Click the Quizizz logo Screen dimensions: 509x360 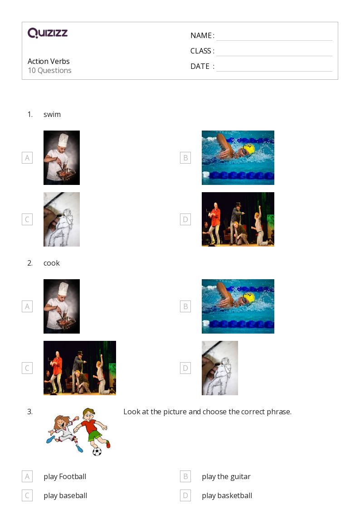(x=48, y=33)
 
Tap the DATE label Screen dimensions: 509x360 (x=200, y=66)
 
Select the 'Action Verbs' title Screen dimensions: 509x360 (x=49, y=61)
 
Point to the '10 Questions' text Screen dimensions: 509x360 (x=49, y=70)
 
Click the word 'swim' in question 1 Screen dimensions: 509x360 (x=52, y=114)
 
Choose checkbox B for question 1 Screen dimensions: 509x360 (x=185, y=158)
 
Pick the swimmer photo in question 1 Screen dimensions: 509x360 (x=238, y=158)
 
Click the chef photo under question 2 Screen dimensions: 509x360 (x=62, y=306)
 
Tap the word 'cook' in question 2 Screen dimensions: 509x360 (x=52, y=263)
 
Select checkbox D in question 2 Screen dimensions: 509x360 (x=185, y=368)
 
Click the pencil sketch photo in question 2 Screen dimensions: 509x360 (x=219, y=368)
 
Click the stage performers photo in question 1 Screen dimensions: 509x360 (x=238, y=219)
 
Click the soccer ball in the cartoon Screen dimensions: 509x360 (x=97, y=451)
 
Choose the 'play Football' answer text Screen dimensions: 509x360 (x=65, y=476)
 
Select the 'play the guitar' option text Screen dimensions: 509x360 (x=226, y=476)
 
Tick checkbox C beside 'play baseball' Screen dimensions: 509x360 (x=27, y=495)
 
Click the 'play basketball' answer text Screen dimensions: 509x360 (x=227, y=495)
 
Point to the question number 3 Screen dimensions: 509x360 (x=30, y=412)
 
